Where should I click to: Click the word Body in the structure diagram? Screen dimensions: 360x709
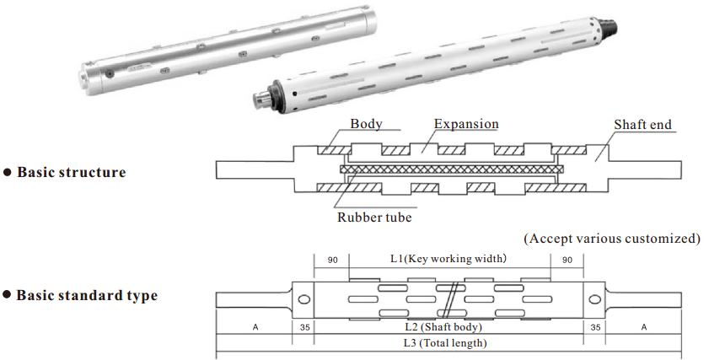[366, 124]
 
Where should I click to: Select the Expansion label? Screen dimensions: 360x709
[466, 124]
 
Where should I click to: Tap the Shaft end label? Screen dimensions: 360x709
[643, 125]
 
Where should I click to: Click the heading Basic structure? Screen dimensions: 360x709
[71, 172]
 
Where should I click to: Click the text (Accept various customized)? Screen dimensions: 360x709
[612, 239]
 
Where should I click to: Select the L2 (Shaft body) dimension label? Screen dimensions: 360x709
[448, 325]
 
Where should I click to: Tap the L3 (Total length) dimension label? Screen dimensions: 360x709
[448, 343]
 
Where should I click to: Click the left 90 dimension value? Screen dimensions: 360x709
[332, 261]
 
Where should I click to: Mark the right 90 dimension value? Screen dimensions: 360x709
[567, 261]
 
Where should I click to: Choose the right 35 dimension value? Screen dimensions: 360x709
[595, 325]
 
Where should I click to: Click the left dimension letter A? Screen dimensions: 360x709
[255, 325]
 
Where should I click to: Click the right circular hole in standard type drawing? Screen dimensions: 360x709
[595, 299]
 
